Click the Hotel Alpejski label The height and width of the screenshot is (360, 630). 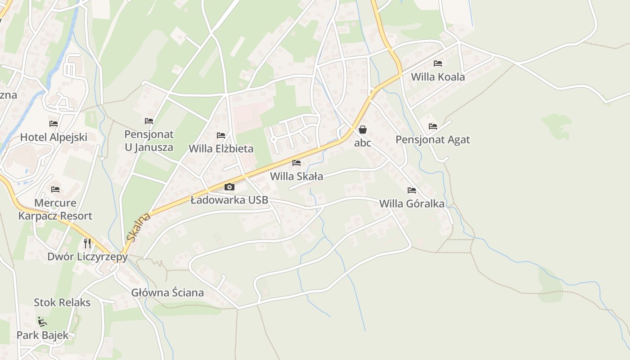click(54, 137)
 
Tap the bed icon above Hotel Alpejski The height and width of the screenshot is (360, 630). click(54, 123)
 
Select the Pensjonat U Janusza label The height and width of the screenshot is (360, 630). click(148, 140)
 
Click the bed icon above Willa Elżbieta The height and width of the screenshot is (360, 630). click(221, 135)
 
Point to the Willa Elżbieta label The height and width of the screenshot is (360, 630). click(221, 148)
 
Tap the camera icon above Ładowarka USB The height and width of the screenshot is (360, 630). click(229, 187)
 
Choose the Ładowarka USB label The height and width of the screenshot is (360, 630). click(229, 200)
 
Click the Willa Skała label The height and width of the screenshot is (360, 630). click(296, 176)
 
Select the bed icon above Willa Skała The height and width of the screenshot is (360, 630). click(296, 162)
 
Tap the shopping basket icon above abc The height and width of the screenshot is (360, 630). click(363, 130)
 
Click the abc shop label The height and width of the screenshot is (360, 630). click(363, 143)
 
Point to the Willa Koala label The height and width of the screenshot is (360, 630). click(437, 77)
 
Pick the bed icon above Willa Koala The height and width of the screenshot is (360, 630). click(437, 63)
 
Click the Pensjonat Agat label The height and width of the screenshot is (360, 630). click(432, 139)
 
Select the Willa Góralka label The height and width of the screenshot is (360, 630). click(412, 204)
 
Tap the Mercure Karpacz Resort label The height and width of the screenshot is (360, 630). click(55, 209)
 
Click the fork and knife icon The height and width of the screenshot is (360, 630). click(87, 243)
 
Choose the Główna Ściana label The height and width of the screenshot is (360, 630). click(167, 292)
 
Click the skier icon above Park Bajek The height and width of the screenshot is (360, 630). click(42, 321)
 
